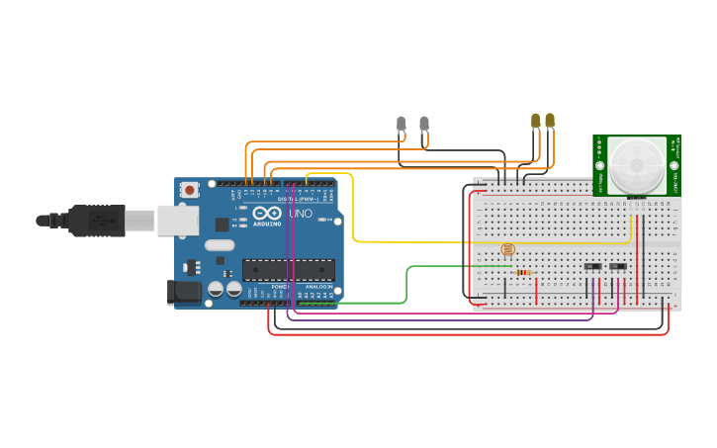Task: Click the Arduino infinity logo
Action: (x=270, y=214)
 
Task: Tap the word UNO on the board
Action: (x=300, y=214)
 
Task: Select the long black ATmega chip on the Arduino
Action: (x=288, y=269)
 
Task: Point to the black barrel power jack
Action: (x=184, y=291)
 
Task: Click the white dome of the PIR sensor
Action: (x=637, y=163)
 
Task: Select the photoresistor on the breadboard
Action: (x=508, y=250)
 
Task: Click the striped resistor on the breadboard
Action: (x=523, y=273)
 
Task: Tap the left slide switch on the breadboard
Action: (x=592, y=266)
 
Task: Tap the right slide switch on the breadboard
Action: (x=618, y=266)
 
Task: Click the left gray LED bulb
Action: (x=401, y=125)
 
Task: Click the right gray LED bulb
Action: (x=424, y=125)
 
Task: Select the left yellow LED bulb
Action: (x=536, y=121)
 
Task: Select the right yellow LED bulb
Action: (x=550, y=121)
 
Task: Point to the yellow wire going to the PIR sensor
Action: (x=353, y=213)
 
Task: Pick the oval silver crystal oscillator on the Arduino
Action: (x=220, y=245)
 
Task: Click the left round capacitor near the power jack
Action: (x=215, y=290)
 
